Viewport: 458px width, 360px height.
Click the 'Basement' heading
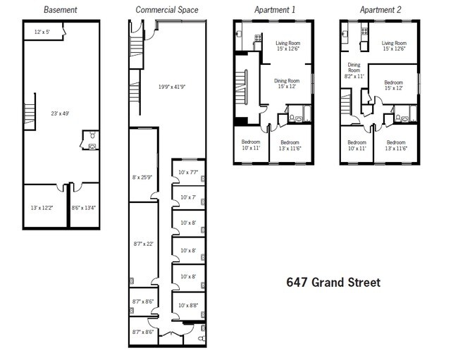pos(61,10)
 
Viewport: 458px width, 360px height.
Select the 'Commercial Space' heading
pos(167,10)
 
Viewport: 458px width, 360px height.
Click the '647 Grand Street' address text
pos(333,283)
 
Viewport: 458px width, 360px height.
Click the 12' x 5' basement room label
pos(42,32)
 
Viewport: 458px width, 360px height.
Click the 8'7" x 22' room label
pos(143,244)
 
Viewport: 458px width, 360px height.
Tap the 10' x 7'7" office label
pos(188,172)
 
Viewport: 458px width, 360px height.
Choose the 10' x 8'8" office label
pos(188,305)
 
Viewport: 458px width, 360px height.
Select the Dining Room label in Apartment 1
pos(287,84)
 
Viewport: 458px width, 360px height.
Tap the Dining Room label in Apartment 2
pos(354,70)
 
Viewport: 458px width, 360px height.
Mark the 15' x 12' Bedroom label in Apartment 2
pos(394,85)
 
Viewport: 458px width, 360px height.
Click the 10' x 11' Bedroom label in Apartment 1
pos(250,145)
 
